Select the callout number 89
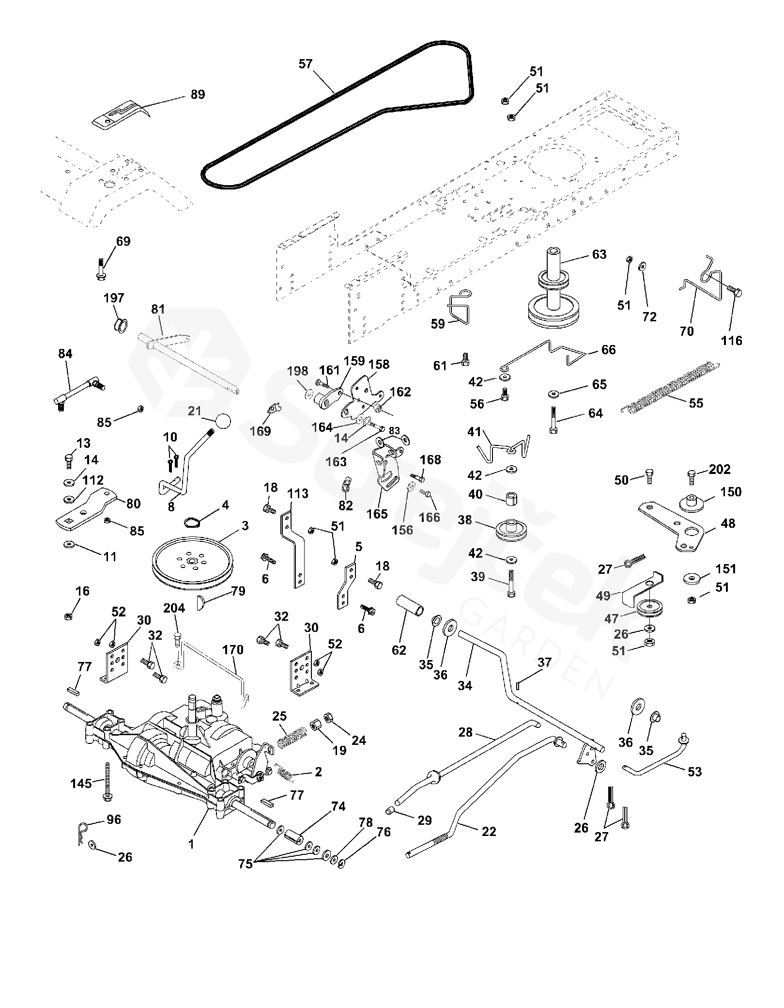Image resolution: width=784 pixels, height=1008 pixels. (198, 94)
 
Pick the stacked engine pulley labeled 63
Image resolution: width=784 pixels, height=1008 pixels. (553, 295)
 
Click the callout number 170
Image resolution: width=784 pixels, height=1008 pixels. (233, 649)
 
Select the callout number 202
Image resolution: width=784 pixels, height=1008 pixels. (720, 470)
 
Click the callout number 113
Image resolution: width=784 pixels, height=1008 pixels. (298, 494)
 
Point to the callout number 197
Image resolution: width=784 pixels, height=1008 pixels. (114, 298)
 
